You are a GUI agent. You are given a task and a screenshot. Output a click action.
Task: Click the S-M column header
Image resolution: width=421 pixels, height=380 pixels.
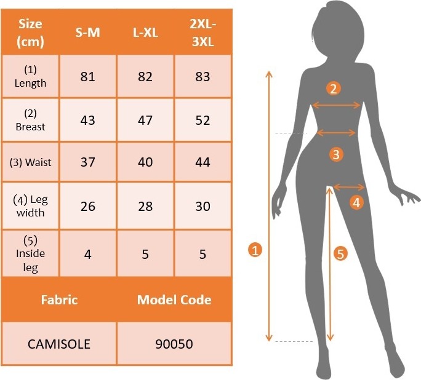pyautogui.click(x=87, y=33)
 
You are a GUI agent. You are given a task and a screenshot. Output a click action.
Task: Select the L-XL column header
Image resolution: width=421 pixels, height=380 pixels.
pyautogui.click(x=145, y=33)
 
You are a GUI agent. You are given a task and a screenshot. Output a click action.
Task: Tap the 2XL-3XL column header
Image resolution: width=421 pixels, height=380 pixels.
pyautogui.click(x=202, y=33)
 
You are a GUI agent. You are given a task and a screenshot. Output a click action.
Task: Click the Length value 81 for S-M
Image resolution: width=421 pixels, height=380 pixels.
pyautogui.click(x=88, y=76)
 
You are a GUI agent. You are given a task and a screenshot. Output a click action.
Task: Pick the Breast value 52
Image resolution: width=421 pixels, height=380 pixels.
pyautogui.click(x=202, y=120)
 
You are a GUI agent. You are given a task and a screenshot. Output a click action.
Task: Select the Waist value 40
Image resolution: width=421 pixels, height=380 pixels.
pyautogui.click(x=145, y=162)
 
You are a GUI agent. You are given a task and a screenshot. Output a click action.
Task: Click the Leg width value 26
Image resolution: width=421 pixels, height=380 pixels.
pyautogui.click(x=88, y=206)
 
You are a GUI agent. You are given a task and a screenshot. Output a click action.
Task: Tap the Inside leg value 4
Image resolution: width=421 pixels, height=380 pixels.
pyautogui.click(x=88, y=254)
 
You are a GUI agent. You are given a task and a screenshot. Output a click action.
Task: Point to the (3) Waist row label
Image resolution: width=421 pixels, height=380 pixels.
pyautogui.click(x=30, y=162)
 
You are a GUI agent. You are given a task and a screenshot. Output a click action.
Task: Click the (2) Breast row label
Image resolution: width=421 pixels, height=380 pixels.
pyautogui.click(x=30, y=120)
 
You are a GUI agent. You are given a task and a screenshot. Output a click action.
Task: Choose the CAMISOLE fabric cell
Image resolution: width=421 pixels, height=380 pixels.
pyautogui.click(x=59, y=344)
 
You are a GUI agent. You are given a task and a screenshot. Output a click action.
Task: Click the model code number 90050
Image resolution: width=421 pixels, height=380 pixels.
pyautogui.click(x=174, y=344)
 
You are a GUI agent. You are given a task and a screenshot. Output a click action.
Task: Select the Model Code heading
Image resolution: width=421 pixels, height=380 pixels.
pyautogui.click(x=174, y=299)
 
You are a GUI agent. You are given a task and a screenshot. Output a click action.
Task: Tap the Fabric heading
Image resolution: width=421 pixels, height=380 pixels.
pyautogui.click(x=59, y=299)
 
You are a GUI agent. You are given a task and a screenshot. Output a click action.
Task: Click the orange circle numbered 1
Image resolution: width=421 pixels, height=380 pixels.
pyautogui.click(x=255, y=250)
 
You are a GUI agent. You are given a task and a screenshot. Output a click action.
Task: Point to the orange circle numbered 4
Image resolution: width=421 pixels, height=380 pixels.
pyautogui.click(x=356, y=202)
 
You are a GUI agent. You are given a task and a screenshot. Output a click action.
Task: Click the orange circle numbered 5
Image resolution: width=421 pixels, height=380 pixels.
pyautogui.click(x=340, y=253)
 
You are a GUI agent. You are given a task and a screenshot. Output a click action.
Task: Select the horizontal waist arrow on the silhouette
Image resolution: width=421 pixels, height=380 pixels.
pyautogui.click(x=337, y=132)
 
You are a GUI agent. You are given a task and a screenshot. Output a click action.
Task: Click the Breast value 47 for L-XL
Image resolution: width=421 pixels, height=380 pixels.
pyautogui.click(x=145, y=120)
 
